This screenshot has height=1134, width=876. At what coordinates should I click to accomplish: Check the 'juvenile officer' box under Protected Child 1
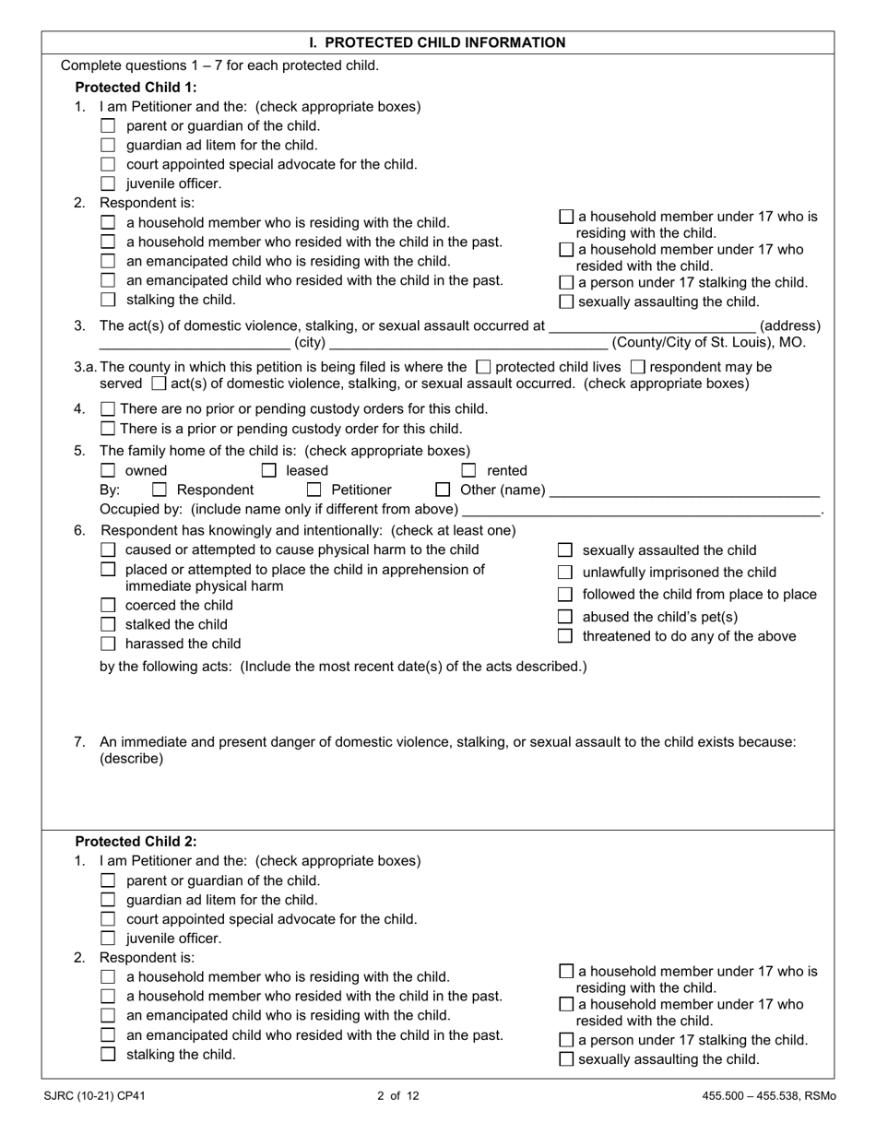tap(108, 183)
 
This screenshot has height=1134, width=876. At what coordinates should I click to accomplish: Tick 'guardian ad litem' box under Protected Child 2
tap(108, 900)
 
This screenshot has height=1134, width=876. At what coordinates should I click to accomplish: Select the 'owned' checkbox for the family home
tap(108, 471)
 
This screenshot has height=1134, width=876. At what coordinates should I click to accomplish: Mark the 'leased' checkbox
tap(269, 471)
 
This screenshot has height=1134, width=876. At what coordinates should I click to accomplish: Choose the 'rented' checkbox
tap(468, 471)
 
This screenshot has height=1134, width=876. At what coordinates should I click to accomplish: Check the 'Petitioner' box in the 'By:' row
tap(314, 490)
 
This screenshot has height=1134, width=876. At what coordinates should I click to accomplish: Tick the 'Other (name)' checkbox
tap(443, 490)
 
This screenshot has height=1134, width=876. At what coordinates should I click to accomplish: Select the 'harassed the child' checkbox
tap(108, 644)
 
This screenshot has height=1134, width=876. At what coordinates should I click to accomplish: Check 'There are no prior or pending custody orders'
tap(108, 409)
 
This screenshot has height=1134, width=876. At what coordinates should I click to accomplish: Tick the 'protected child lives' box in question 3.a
tap(483, 367)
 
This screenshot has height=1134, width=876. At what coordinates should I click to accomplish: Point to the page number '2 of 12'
tap(398, 1096)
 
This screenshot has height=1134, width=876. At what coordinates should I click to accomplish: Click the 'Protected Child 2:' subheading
tap(136, 842)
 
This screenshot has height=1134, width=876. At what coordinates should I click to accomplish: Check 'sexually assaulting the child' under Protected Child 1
tap(566, 302)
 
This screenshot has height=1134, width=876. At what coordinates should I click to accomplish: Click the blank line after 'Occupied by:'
tap(641, 510)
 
